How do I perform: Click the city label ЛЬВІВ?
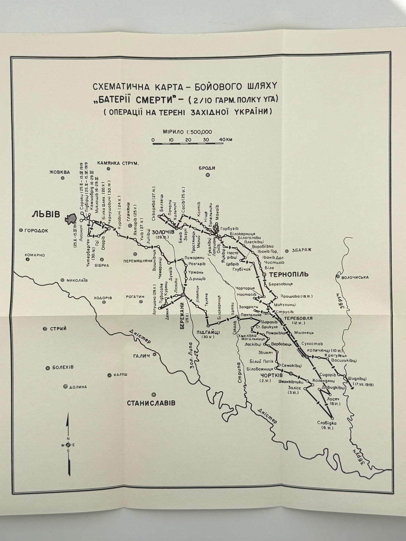pyautogui.click(x=46, y=214)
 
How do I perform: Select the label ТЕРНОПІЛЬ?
pyautogui.click(x=287, y=274)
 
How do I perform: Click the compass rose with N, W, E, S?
pyautogui.click(x=68, y=445)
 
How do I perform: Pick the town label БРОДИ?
pyautogui.click(x=207, y=168)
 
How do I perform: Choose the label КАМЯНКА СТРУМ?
pyautogui.click(x=118, y=163)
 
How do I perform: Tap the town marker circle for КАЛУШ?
pyautogui.click(x=109, y=375)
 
